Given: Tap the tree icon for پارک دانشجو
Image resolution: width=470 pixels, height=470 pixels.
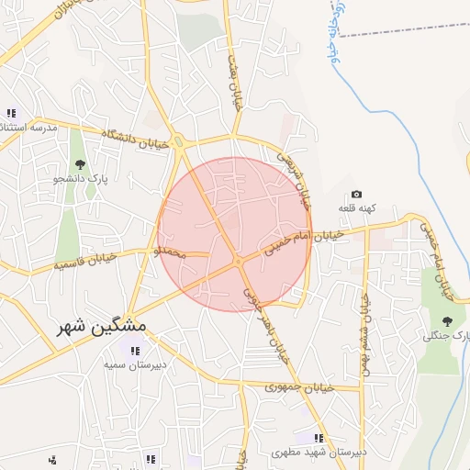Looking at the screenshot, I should pyautogui.click(x=81, y=165).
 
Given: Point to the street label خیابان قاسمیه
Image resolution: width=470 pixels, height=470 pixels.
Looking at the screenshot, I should pyautogui.click(x=87, y=263).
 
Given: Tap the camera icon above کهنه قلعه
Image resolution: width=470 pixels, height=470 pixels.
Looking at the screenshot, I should pyautogui.click(x=356, y=195).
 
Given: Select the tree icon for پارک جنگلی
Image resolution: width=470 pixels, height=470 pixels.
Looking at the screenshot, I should pyautogui.click(x=447, y=321).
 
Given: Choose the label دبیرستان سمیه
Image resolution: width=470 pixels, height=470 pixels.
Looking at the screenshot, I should pyautogui.click(x=135, y=364).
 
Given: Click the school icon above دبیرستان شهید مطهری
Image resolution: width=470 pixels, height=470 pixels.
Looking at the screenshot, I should pyautogui.click(x=318, y=439).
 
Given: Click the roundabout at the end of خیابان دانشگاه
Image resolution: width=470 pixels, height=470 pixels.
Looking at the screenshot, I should pyautogui.click(x=178, y=141).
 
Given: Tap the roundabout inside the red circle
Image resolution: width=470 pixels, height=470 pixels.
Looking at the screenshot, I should pyautogui.click(x=238, y=263).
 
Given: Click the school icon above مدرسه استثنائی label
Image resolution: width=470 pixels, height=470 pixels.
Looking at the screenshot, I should pyautogui.click(x=11, y=113).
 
